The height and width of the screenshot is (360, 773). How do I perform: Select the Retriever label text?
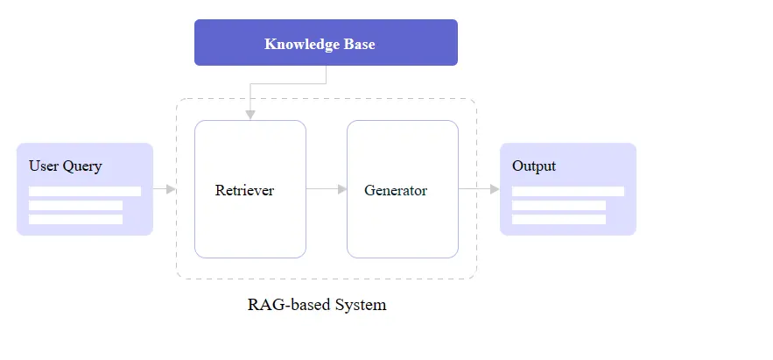pos(244,190)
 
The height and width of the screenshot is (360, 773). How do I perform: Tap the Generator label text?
pos(396,190)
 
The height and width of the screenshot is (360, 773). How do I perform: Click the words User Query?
pos(65,166)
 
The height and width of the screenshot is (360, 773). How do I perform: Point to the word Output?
pos(534,166)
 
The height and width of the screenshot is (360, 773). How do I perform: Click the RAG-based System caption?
pos(317,305)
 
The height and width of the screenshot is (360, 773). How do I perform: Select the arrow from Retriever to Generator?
pos(327,188)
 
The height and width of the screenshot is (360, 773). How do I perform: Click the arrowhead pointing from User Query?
pos(172,188)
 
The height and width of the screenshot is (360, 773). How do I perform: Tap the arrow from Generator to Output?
pos(479,188)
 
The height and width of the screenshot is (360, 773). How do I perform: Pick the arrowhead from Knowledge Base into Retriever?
pos(250,115)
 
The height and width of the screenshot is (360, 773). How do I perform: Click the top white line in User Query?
pos(85,191)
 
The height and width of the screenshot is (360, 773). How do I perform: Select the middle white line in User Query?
pos(75,205)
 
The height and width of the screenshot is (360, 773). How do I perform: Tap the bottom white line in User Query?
pos(75,219)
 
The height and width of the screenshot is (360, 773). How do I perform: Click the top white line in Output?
pos(568,191)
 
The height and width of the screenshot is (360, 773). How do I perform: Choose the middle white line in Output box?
pos(559,205)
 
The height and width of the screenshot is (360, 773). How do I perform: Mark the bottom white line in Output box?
pos(559,219)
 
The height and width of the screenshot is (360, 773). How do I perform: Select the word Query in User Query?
pos(82,166)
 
